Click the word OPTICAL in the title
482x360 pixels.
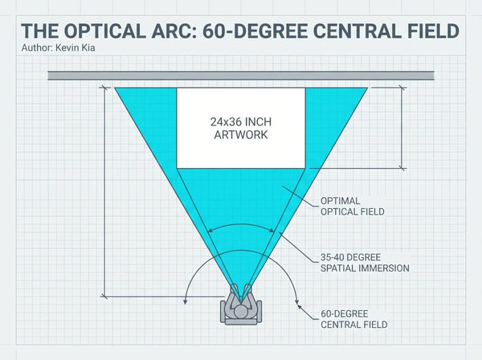coord(104,31)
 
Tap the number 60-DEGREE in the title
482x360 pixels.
coord(255,31)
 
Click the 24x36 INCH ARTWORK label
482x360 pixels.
coord(241,129)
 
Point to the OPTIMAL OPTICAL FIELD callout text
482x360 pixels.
coord(353,207)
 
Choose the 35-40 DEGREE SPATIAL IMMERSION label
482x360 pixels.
coord(365,263)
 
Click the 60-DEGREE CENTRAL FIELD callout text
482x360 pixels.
coord(353,319)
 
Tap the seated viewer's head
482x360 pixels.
coord(241,312)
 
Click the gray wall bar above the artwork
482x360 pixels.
coord(241,76)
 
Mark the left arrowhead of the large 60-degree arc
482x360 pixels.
coord(185,301)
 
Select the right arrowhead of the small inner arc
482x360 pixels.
coord(272,231)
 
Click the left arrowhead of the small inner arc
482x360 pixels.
coord(210,231)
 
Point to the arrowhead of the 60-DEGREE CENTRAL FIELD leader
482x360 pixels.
coord(299,307)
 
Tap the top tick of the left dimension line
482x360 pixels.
coord(104,88)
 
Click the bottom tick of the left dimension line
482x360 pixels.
coord(104,297)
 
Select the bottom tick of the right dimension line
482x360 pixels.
coord(402,168)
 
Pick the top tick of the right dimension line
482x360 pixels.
coord(402,88)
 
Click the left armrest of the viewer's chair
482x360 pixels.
coord(223,311)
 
